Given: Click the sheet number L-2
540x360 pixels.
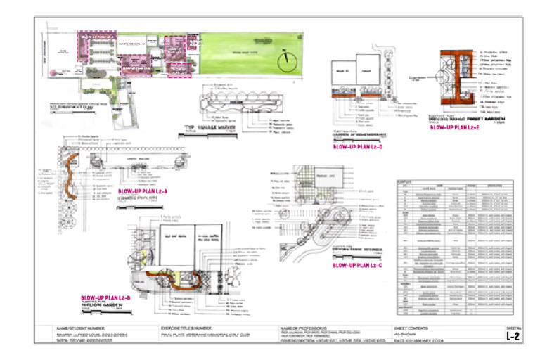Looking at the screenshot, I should pos(513,337).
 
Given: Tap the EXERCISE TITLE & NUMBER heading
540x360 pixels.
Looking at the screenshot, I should pos(188,328).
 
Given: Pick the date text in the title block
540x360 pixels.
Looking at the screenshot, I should pos(423,342).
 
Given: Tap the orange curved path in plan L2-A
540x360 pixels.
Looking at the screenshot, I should pos(70,175).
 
